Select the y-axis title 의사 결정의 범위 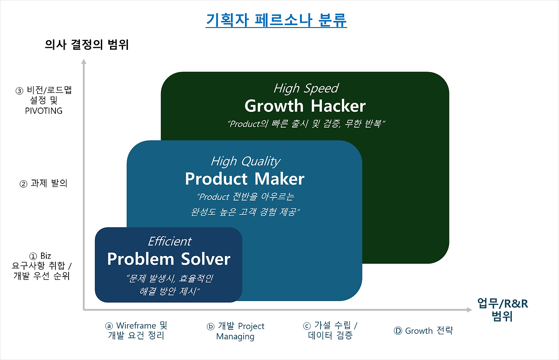coord(87,45)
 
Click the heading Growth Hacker coord(305,106)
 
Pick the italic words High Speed coord(305,88)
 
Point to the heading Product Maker coord(245,179)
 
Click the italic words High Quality coord(245,161)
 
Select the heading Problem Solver coord(169,259)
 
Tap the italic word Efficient coord(169,241)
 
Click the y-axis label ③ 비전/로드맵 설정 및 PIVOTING coord(44,101)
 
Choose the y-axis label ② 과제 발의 coord(44,184)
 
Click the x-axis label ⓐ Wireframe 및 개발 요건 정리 coord(136,331)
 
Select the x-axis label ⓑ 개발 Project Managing coord(235,331)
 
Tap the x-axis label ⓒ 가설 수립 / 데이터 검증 coord(330,331)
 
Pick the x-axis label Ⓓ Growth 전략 coord(423,331)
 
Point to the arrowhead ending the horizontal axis coord(469,310)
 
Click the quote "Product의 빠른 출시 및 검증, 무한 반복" coord(305,124)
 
